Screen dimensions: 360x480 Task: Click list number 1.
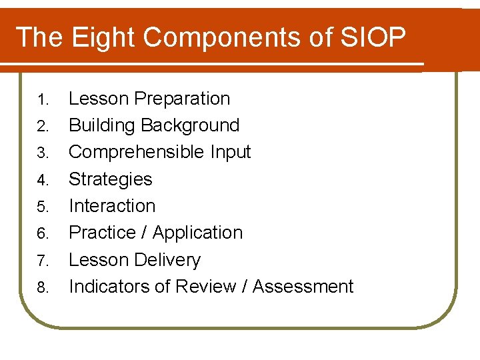pyautogui.click(x=43, y=100)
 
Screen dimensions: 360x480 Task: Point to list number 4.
pyautogui.click(x=43, y=181)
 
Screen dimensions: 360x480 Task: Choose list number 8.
pyautogui.click(x=43, y=288)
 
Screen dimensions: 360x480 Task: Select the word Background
pyautogui.click(x=190, y=125)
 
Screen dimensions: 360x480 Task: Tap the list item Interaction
pyautogui.click(x=112, y=206)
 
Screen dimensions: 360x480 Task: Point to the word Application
pyautogui.click(x=197, y=233)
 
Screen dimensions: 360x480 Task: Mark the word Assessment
pyautogui.click(x=303, y=287)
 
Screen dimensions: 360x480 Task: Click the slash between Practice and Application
pyautogui.click(x=145, y=233)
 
